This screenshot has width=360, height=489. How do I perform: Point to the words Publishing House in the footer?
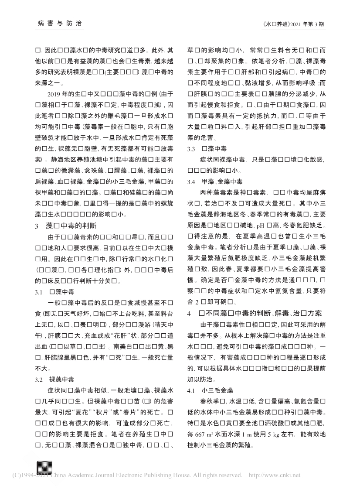click(x=179, y=475)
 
